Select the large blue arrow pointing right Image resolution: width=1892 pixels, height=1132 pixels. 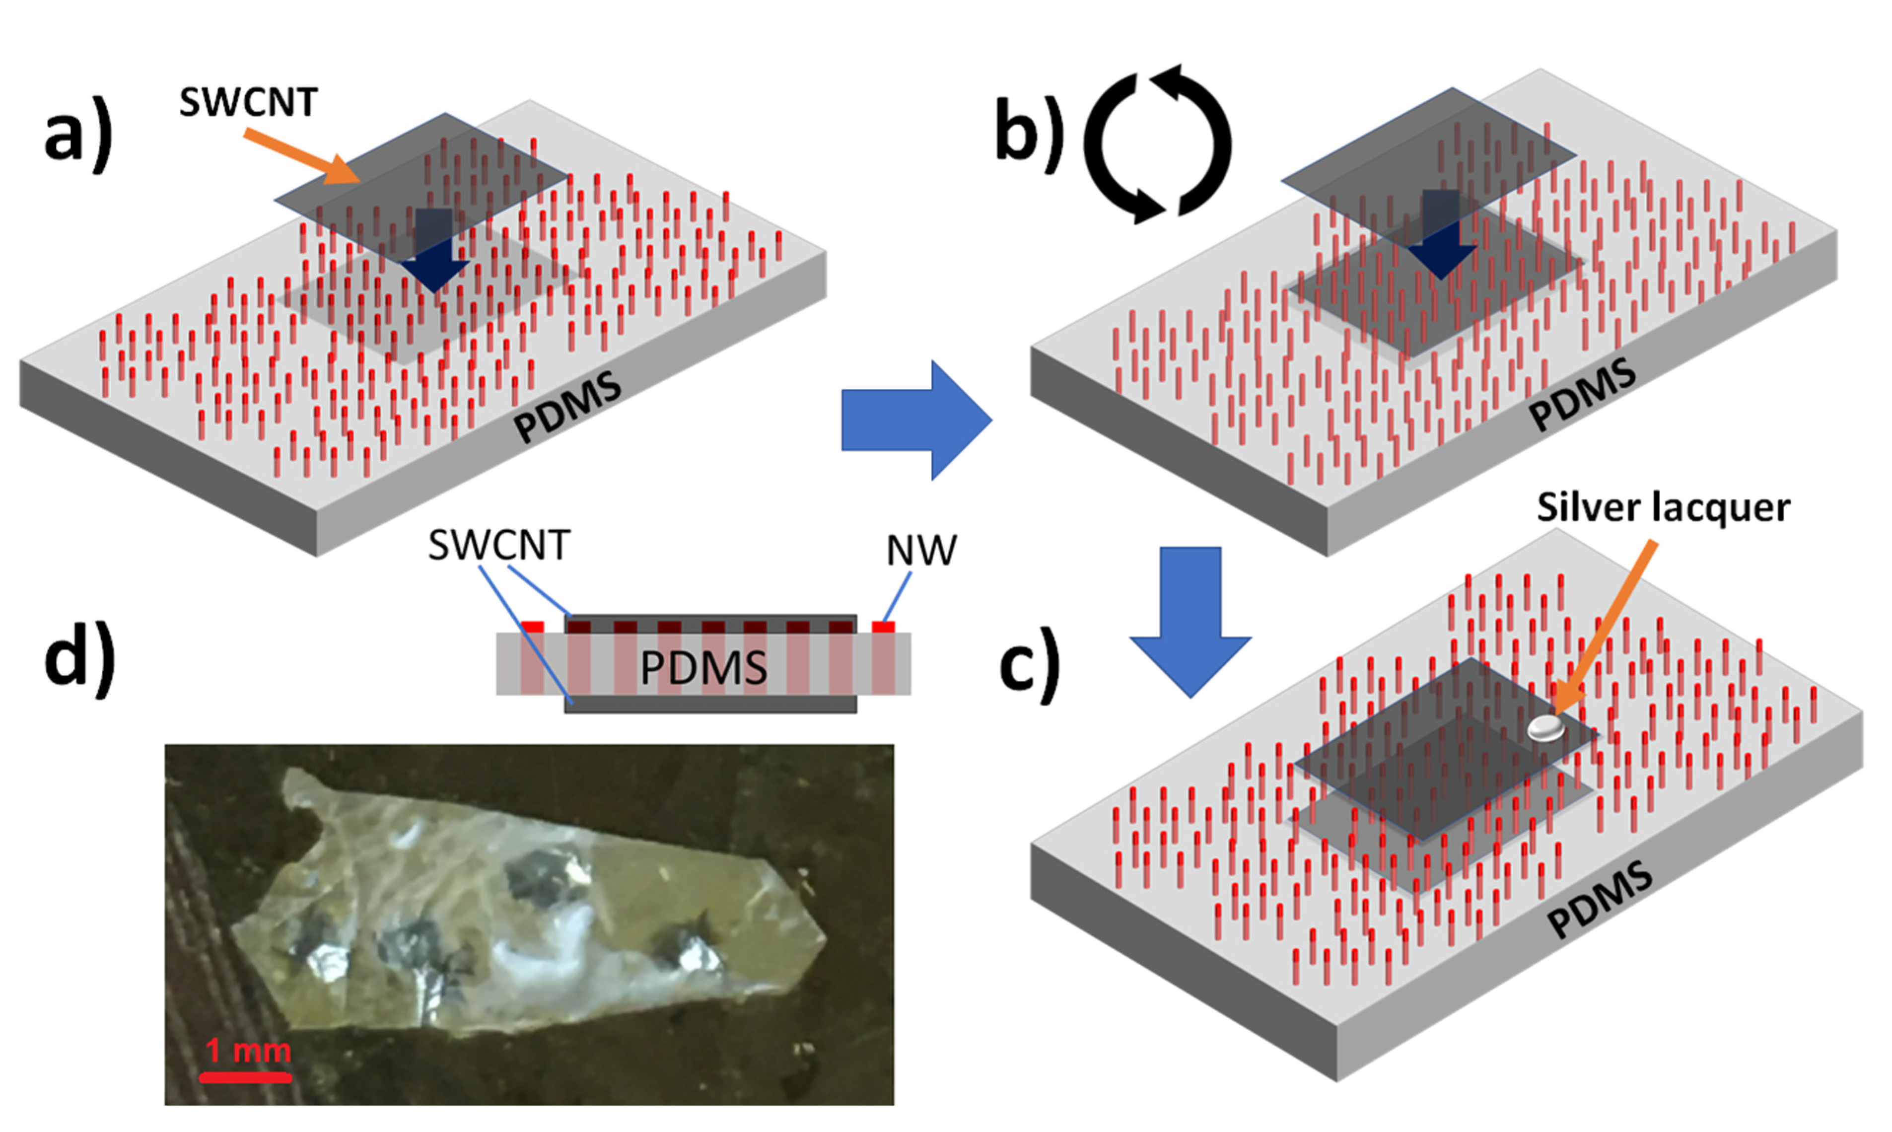coord(915,421)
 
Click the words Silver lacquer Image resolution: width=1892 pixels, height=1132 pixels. coord(1663,508)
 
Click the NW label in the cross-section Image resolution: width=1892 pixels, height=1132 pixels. coord(921,551)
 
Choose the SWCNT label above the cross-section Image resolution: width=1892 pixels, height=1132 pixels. coord(499,546)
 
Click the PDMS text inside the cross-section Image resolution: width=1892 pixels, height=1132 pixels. coord(703,668)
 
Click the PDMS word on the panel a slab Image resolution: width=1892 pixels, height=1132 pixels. coord(567,407)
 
